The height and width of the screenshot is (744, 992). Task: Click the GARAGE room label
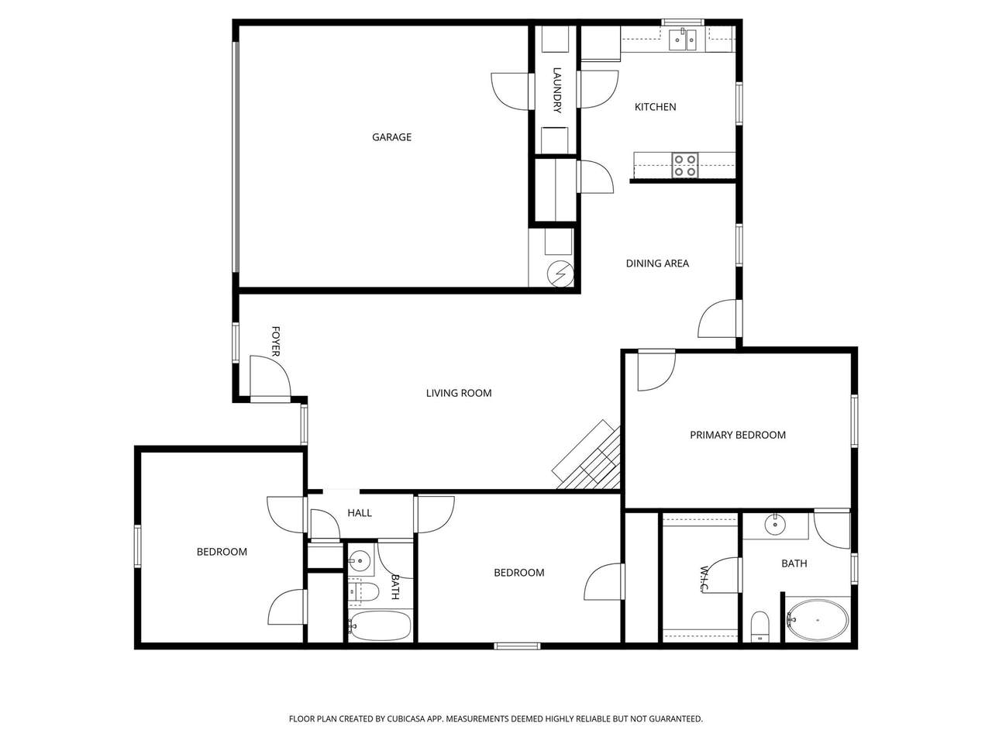[391, 137]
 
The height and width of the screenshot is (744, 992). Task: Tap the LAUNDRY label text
[556, 90]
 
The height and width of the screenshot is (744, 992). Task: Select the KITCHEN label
[655, 107]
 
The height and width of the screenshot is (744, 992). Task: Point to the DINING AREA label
[657, 263]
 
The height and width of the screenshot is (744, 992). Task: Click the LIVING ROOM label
[459, 393]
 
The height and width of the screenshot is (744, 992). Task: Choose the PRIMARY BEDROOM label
[738, 435]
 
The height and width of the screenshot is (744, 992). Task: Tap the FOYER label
[275, 341]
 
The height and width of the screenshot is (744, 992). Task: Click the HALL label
[360, 513]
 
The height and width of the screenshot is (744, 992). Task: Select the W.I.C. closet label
[704, 579]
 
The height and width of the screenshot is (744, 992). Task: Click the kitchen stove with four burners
[684, 166]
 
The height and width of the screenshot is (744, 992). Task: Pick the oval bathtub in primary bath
[817, 620]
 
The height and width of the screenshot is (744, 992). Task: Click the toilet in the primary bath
[759, 626]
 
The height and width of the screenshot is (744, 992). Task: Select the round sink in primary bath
[775, 525]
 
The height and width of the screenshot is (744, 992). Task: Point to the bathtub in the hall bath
[380, 626]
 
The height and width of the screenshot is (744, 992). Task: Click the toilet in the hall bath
[363, 592]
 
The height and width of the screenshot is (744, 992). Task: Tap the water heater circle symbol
[560, 274]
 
